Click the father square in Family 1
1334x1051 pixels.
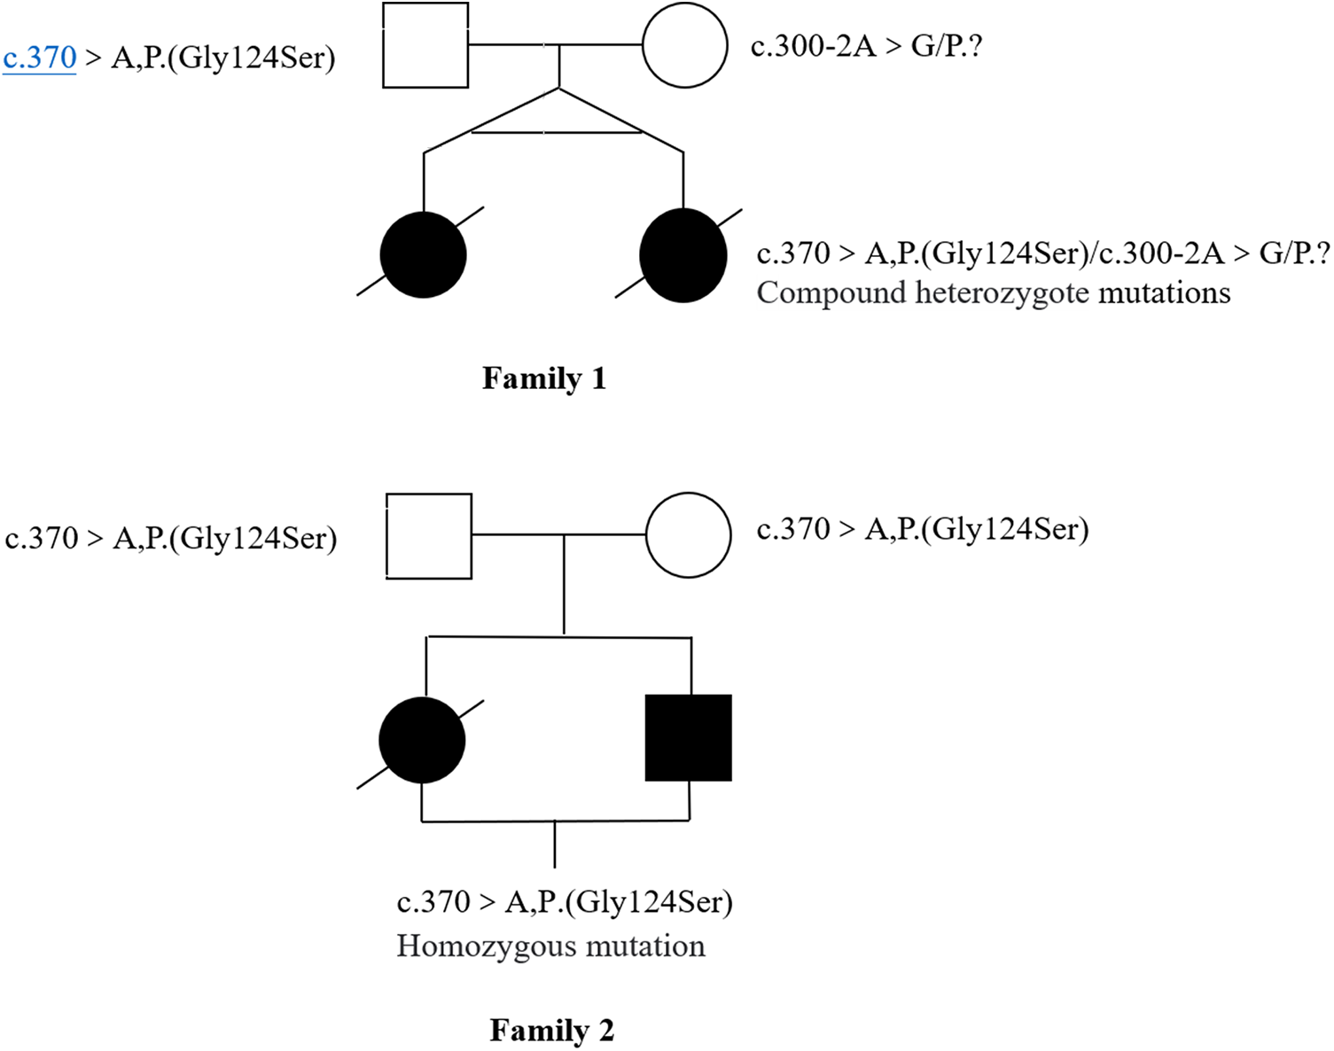[425, 45]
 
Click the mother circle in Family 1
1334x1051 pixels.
[684, 45]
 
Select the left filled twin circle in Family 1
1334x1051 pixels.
[423, 254]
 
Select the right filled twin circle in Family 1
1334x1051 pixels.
[683, 255]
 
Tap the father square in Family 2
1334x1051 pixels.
[429, 536]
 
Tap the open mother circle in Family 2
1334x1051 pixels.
[688, 535]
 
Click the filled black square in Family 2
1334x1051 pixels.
[688, 738]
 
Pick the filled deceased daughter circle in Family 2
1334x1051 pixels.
[422, 740]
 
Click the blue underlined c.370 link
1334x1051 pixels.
[40, 58]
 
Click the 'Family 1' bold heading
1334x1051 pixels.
[543, 378]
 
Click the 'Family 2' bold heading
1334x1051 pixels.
[551, 1031]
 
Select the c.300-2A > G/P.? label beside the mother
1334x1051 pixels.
[866, 46]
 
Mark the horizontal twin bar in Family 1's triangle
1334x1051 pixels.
[556, 132]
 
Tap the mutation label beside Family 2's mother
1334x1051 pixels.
[922, 530]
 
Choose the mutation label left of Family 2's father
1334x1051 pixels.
[170, 539]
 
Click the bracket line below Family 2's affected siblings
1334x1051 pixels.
[555, 821]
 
